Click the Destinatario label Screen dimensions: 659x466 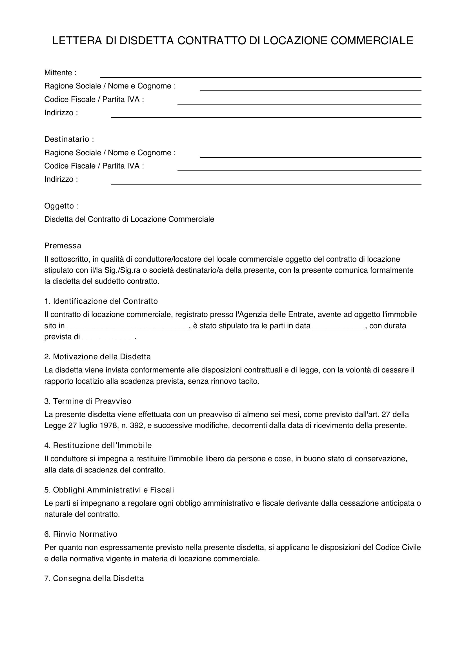point(69,139)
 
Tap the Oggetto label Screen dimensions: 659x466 point(61,206)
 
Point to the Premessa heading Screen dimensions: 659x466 point(63,246)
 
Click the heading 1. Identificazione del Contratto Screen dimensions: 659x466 point(101,301)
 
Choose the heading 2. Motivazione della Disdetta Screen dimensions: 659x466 point(97,357)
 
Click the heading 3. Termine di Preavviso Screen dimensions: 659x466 point(88,401)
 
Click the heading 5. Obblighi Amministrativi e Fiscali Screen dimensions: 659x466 point(109,490)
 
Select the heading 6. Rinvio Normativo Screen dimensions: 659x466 point(81,534)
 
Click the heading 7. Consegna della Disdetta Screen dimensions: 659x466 point(94,578)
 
